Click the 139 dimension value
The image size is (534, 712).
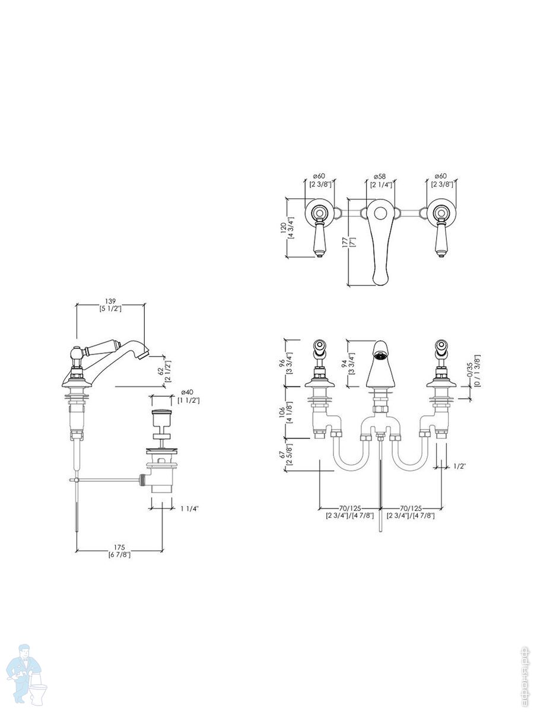(x=110, y=301)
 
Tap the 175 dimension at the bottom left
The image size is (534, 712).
(x=119, y=548)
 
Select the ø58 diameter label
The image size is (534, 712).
(x=380, y=176)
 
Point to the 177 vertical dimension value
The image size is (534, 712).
(x=345, y=242)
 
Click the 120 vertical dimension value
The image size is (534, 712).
(x=284, y=228)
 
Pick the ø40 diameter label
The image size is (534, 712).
(x=187, y=393)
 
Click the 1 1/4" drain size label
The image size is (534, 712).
(x=190, y=508)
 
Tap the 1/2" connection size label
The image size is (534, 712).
(x=460, y=466)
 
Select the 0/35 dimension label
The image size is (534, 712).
(x=469, y=371)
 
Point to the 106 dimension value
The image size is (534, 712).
(x=282, y=412)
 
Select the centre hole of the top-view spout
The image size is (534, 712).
(x=380, y=214)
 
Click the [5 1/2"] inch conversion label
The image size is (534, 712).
(x=110, y=309)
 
